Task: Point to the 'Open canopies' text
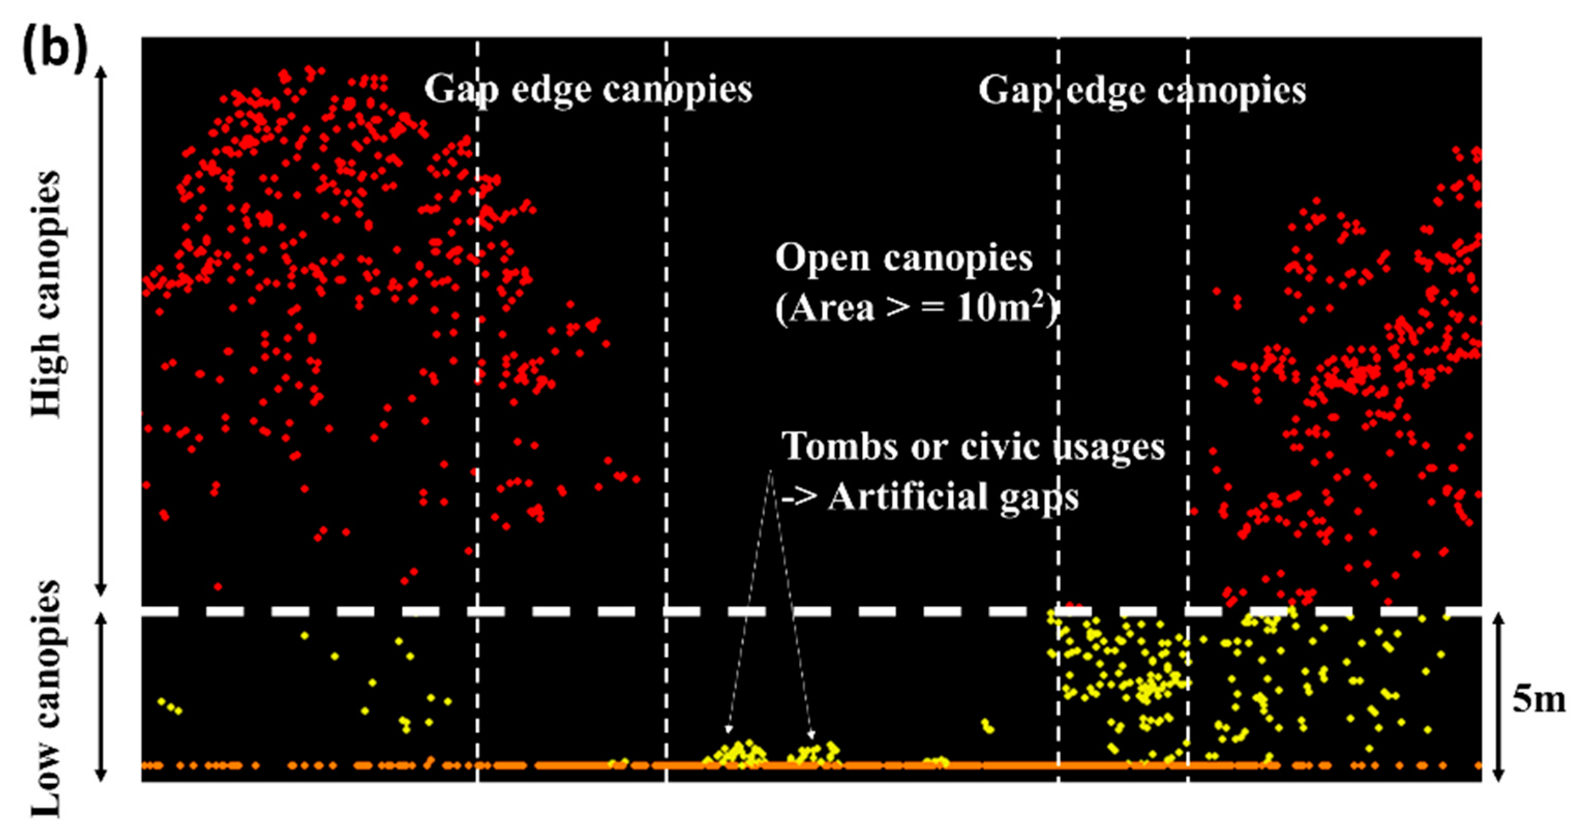pos(903,258)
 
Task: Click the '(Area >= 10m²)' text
pos(915,307)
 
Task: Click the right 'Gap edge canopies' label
pos(1142,91)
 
